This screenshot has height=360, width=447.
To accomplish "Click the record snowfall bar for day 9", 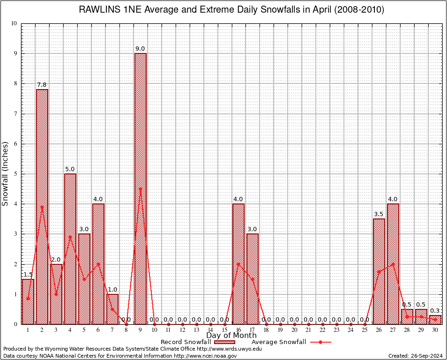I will (x=140, y=187).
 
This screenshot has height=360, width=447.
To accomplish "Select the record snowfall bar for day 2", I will (x=42, y=206).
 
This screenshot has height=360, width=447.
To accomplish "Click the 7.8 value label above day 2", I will (x=42, y=85).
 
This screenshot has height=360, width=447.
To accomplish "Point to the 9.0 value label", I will (x=140, y=49).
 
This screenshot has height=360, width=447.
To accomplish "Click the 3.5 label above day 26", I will (x=379, y=214).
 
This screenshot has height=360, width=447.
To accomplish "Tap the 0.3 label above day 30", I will (x=435, y=311).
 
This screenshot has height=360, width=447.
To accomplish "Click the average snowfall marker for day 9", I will (x=140, y=188).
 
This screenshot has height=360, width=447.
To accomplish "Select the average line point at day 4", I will (x=70, y=237).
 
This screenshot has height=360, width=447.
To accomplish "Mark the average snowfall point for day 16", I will (x=238, y=263).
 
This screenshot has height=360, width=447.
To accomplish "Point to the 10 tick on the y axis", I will (x=14, y=23).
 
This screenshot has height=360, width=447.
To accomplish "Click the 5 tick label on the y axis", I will (x=15, y=174).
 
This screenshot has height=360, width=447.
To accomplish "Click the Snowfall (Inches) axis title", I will (x=6, y=173).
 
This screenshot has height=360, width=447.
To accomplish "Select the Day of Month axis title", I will (x=231, y=336).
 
